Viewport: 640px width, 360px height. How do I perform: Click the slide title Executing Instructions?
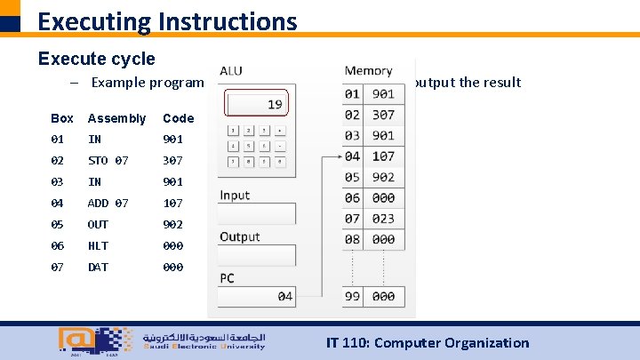167,20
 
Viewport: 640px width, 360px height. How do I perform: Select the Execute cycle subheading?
96,59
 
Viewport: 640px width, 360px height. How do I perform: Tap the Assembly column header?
116,118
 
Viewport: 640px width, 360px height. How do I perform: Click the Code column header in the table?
178,118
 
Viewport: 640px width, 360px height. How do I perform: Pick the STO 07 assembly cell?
108,161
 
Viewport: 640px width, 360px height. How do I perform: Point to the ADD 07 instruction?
108,204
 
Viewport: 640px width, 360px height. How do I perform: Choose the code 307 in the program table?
172,161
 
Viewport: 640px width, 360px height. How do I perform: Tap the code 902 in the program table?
172,225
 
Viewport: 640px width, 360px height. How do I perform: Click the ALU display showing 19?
256,105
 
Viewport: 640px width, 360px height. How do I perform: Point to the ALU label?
230,71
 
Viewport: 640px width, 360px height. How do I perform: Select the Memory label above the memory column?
368,71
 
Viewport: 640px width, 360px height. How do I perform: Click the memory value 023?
383,219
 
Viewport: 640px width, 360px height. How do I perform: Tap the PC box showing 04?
258,297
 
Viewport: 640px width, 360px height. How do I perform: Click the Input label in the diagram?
236,196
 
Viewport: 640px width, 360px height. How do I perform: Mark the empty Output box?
258,255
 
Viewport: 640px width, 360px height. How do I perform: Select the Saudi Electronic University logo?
160,340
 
